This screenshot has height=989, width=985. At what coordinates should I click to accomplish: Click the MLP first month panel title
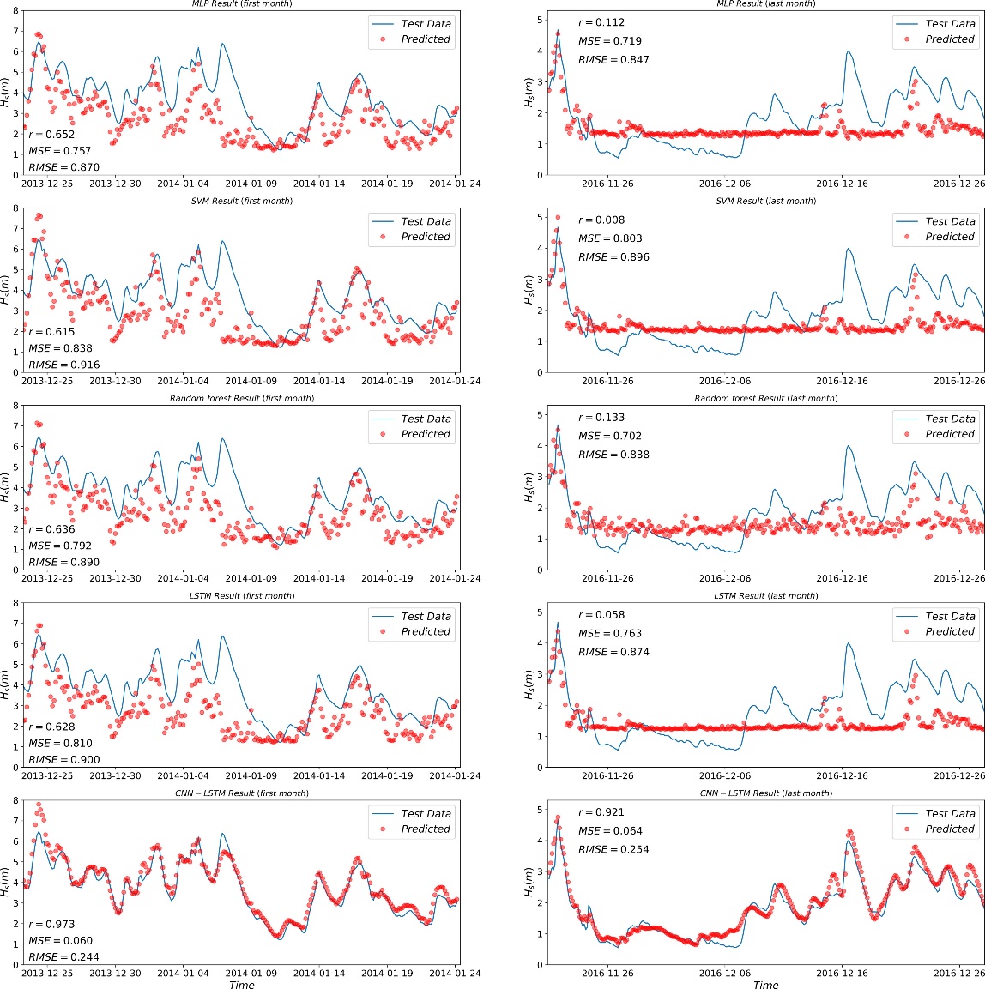(241, 4)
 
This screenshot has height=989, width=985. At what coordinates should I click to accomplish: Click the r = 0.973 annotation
(51, 924)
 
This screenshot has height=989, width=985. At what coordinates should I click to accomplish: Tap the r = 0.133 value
(601, 418)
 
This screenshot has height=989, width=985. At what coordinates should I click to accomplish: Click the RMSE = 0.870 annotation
(63, 167)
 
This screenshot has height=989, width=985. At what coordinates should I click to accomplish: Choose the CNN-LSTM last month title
(765, 793)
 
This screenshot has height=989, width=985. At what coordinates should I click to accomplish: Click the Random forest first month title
(241, 399)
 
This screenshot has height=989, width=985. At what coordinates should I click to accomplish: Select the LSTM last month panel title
(765, 596)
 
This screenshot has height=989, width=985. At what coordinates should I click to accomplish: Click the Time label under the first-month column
(242, 985)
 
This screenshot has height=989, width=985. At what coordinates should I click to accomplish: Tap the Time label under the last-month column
(765, 985)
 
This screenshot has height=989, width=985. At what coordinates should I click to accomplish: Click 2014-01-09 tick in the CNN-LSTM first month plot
(251, 974)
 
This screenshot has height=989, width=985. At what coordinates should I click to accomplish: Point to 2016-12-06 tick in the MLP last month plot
(725, 184)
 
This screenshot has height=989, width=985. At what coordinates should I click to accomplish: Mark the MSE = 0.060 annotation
(60, 941)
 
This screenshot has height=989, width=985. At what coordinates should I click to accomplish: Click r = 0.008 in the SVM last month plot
(601, 220)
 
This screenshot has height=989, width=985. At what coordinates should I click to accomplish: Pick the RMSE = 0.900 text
(63, 759)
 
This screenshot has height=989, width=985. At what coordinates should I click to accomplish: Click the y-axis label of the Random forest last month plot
(529, 491)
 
